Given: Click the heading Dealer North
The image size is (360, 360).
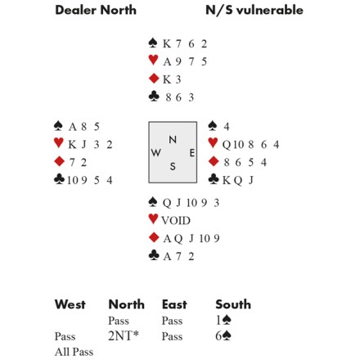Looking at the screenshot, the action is [96, 10].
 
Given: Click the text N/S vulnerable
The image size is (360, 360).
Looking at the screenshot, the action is [254, 10].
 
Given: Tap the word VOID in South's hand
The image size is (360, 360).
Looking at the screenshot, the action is [176, 220].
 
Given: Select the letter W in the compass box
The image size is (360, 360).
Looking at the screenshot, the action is [155, 152].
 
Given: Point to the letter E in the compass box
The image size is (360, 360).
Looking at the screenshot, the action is [192, 153].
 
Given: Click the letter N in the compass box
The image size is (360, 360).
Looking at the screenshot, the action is [173, 140].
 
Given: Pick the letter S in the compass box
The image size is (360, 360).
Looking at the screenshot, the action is [173, 166].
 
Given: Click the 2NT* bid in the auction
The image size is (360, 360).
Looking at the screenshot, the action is [124, 335].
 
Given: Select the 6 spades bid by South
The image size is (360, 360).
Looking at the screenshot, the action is [223, 335].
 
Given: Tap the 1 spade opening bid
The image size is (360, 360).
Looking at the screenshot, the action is [223, 320].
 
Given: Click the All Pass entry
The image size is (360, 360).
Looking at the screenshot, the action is [74, 352].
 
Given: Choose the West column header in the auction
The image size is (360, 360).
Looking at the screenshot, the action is [70, 304].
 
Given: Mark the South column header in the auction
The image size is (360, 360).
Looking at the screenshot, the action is [233, 304].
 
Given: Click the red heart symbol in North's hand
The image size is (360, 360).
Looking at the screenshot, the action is [153, 60].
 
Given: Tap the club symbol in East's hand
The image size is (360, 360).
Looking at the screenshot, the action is [213, 179].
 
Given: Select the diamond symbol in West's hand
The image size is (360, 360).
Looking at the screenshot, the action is [59, 161].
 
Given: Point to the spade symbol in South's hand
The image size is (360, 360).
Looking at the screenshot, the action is [153, 202].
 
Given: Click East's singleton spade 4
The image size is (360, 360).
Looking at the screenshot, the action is [227, 127].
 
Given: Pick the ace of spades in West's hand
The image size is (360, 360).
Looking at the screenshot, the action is [72, 127].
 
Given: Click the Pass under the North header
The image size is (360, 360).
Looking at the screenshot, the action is [119, 321].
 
